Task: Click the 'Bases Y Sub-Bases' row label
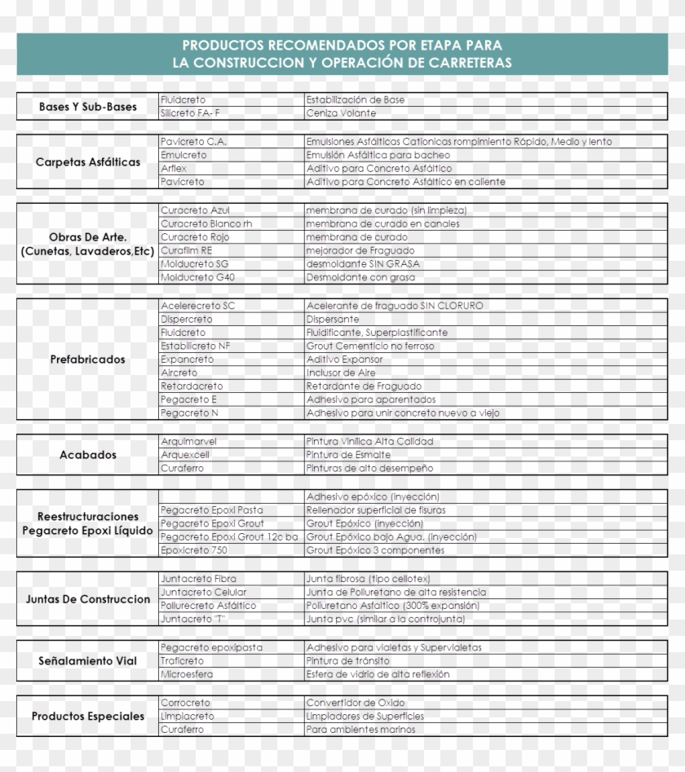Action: click(88, 107)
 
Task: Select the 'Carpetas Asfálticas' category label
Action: click(88, 161)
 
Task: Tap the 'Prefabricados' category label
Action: click(88, 359)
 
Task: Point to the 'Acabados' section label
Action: click(88, 455)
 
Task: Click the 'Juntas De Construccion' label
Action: click(88, 599)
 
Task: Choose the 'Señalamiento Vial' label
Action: click(88, 660)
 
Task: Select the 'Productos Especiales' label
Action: click(88, 716)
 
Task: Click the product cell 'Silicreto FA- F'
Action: click(190, 113)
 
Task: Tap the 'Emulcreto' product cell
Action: click(183, 155)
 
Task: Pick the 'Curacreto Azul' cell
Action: click(190, 210)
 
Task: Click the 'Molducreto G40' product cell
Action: click(197, 277)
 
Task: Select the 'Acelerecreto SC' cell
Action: click(197, 305)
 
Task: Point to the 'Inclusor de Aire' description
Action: click(341, 373)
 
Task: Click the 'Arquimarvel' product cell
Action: click(188, 441)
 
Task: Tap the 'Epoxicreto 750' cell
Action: click(194, 550)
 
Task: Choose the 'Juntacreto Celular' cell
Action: click(203, 592)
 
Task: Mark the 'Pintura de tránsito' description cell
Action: click(347, 660)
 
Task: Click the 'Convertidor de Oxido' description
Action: click(355, 702)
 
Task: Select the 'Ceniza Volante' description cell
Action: click(341, 113)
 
